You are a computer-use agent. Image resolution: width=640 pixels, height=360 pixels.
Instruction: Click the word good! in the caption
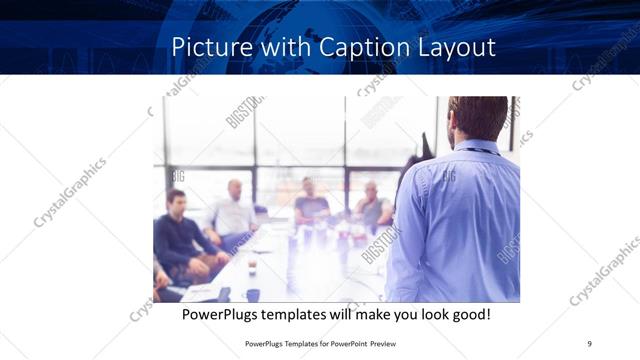point(471,315)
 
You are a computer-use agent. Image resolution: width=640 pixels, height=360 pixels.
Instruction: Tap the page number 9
point(590,343)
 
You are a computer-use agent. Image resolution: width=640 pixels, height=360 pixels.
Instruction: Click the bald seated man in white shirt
point(234,210)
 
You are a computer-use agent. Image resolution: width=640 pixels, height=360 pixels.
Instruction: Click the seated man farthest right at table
point(372,206)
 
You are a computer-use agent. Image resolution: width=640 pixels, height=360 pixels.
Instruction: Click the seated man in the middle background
point(310,203)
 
